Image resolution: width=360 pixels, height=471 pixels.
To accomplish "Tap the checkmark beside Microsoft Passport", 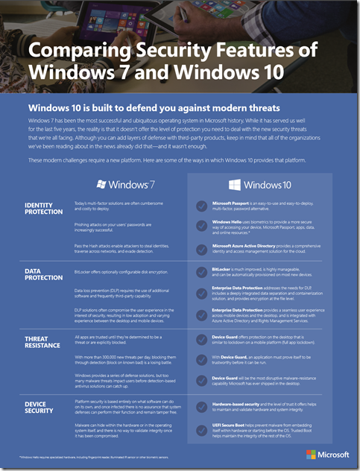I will (x=200, y=207).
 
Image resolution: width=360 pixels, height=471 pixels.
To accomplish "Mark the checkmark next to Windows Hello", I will (x=200, y=226).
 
